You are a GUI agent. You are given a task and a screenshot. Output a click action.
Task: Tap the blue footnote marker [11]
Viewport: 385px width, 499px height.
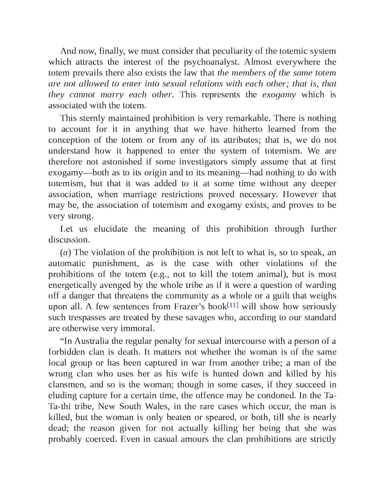pyautogui.click(x=232, y=306)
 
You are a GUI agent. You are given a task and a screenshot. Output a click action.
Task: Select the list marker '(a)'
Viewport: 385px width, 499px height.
pyautogui.click(x=65, y=252)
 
